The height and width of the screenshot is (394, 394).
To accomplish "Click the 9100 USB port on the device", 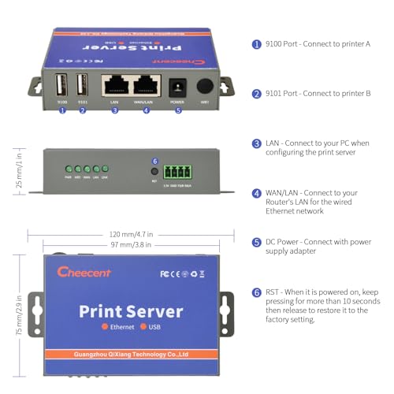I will point(62,84).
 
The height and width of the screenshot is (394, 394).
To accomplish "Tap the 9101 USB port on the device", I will point(81,84).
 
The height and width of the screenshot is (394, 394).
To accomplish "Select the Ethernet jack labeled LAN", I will point(114,84).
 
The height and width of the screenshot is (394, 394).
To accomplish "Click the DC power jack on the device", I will point(178,85).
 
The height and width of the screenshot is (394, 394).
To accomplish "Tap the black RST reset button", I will point(155,170).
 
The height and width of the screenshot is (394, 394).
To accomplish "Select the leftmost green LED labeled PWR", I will point(69,169).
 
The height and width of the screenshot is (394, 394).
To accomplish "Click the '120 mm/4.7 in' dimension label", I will point(131,234).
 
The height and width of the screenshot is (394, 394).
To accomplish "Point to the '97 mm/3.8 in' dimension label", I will point(131,246).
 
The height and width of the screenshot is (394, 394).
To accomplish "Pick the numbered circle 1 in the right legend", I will point(256,45).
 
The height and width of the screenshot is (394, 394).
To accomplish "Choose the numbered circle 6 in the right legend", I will point(256,292).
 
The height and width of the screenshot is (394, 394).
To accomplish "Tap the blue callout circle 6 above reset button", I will point(155,161).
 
